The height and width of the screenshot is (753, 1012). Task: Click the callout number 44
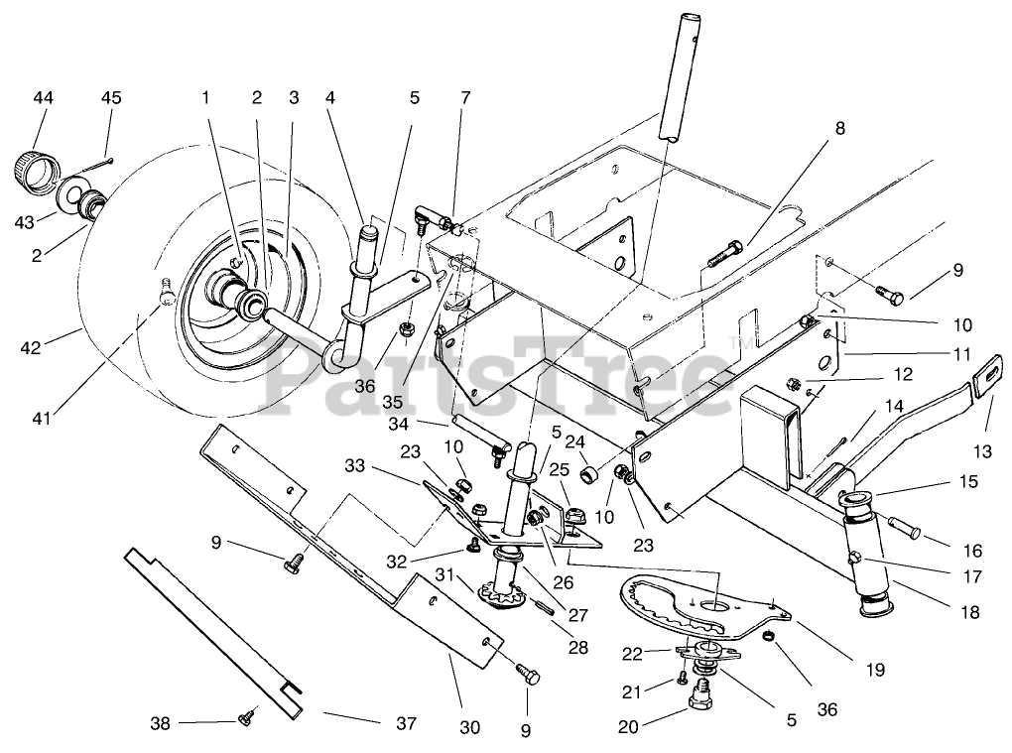pyautogui.click(x=44, y=98)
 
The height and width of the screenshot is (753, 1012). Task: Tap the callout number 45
pyautogui.click(x=111, y=98)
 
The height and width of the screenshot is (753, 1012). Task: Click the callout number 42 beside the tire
pyautogui.click(x=31, y=348)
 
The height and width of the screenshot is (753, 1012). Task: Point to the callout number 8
pyautogui.click(x=839, y=128)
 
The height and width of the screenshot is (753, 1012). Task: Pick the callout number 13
pyautogui.click(x=982, y=451)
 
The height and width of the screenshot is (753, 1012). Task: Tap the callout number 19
pyautogui.click(x=875, y=670)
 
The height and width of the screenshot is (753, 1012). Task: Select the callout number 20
pyautogui.click(x=628, y=727)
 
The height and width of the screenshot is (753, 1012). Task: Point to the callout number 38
pyautogui.click(x=160, y=724)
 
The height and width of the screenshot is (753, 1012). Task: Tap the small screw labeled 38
pyautogui.click(x=246, y=715)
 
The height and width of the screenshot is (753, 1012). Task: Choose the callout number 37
pyautogui.click(x=406, y=724)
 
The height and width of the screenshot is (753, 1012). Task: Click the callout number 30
pyautogui.click(x=470, y=728)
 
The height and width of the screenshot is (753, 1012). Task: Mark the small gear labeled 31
pyautogui.click(x=498, y=595)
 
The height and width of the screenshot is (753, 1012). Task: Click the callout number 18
pyautogui.click(x=970, y=612)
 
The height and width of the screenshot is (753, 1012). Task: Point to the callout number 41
pyautogui.click(x=42, y=420)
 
